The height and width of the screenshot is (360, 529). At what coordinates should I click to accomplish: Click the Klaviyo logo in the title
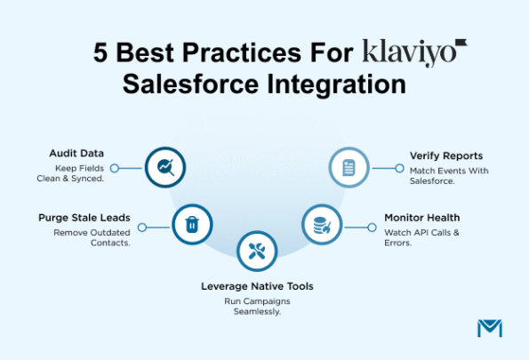pyautogui.click(x=414, y=52)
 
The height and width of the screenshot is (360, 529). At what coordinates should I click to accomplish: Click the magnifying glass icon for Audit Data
pyautogui.click(x=164, y=166)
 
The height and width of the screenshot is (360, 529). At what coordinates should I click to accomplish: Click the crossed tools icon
pyautogui.click(x=257, y=252)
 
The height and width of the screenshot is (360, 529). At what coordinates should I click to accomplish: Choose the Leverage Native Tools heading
pyautogui.click(x=257, y=286)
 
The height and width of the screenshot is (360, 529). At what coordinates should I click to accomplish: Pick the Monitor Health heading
pyautogui.click(x=422, y=216)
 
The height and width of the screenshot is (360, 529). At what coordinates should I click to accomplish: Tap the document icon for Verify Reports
pyautogui.click(x=349, y=166)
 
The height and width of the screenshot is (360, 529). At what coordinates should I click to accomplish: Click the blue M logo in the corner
pyautogui.click(x=489, y=327)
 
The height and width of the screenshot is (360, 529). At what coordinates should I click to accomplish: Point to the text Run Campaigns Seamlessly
pyautogui.click(x=257, y=306)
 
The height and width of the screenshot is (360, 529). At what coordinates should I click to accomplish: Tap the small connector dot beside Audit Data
pyautogui.click(x=114, y=167)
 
